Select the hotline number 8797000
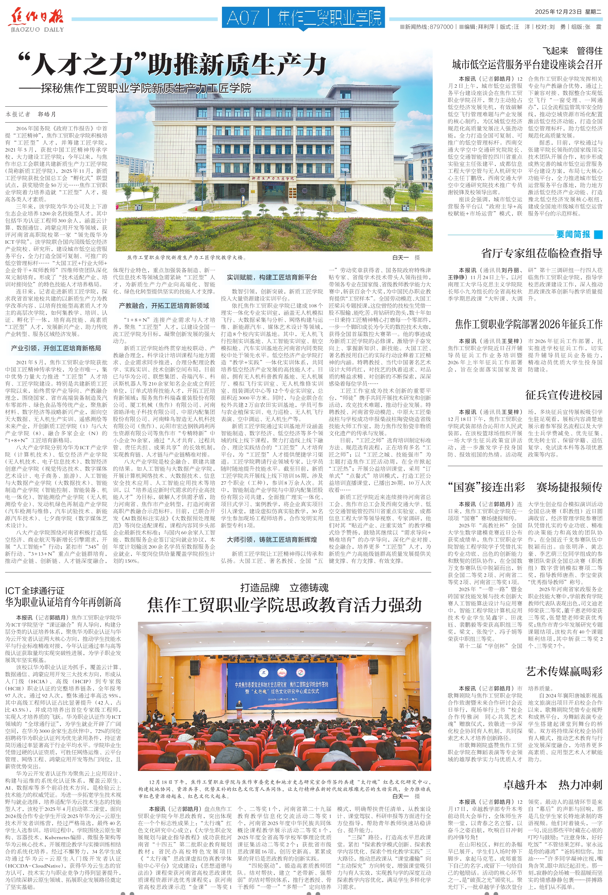click(441, 27)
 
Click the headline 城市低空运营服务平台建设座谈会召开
click(527, 64)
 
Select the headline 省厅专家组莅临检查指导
click(541, 253)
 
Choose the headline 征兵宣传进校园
click(563, 395)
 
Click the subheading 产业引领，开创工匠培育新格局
click(56, 348)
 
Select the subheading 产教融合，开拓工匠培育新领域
click(164, 306)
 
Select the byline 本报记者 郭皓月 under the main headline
click(31, 114)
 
